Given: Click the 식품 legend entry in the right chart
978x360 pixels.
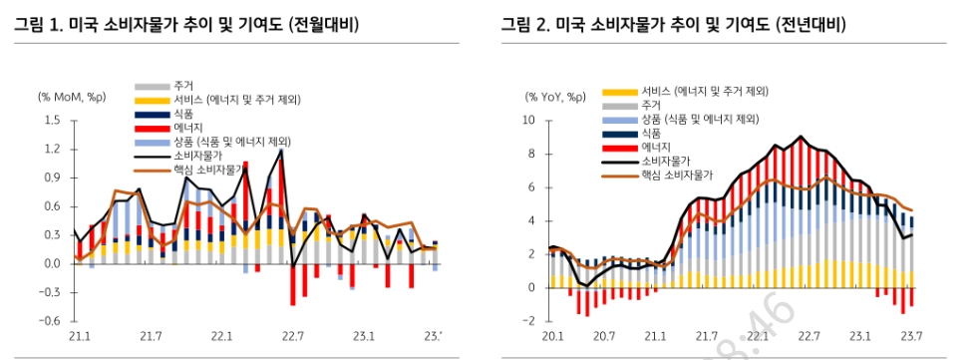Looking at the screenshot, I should [x=651, y=133].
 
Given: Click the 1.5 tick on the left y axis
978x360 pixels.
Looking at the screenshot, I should [x=52, y=121].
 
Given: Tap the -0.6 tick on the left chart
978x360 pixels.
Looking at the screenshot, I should [x=50, y=321].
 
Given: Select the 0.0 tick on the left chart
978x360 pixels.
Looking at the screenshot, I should [x=52, y=264].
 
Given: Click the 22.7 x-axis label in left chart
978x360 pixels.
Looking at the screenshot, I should [x=292, y=336].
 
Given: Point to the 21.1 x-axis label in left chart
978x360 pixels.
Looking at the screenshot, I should [x=75, y=336].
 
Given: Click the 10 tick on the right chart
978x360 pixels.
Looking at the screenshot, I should [x=529, y=121].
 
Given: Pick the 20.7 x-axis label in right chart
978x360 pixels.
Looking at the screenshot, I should [x=602, y=336].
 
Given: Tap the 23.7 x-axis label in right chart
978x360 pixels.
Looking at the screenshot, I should [x=910, y=336].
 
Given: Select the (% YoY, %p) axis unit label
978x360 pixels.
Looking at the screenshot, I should [x=556, y=97].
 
